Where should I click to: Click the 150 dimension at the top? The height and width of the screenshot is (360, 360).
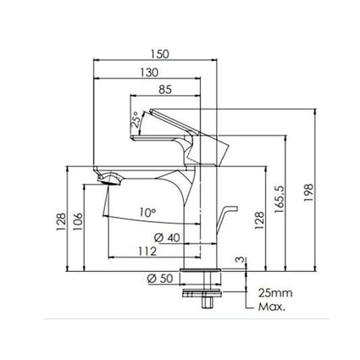click(158, 53)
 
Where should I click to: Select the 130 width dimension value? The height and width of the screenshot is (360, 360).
click(153, 73)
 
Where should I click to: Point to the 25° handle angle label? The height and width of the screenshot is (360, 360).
click(135, 122)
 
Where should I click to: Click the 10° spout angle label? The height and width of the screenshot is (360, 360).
click(148, 212)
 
